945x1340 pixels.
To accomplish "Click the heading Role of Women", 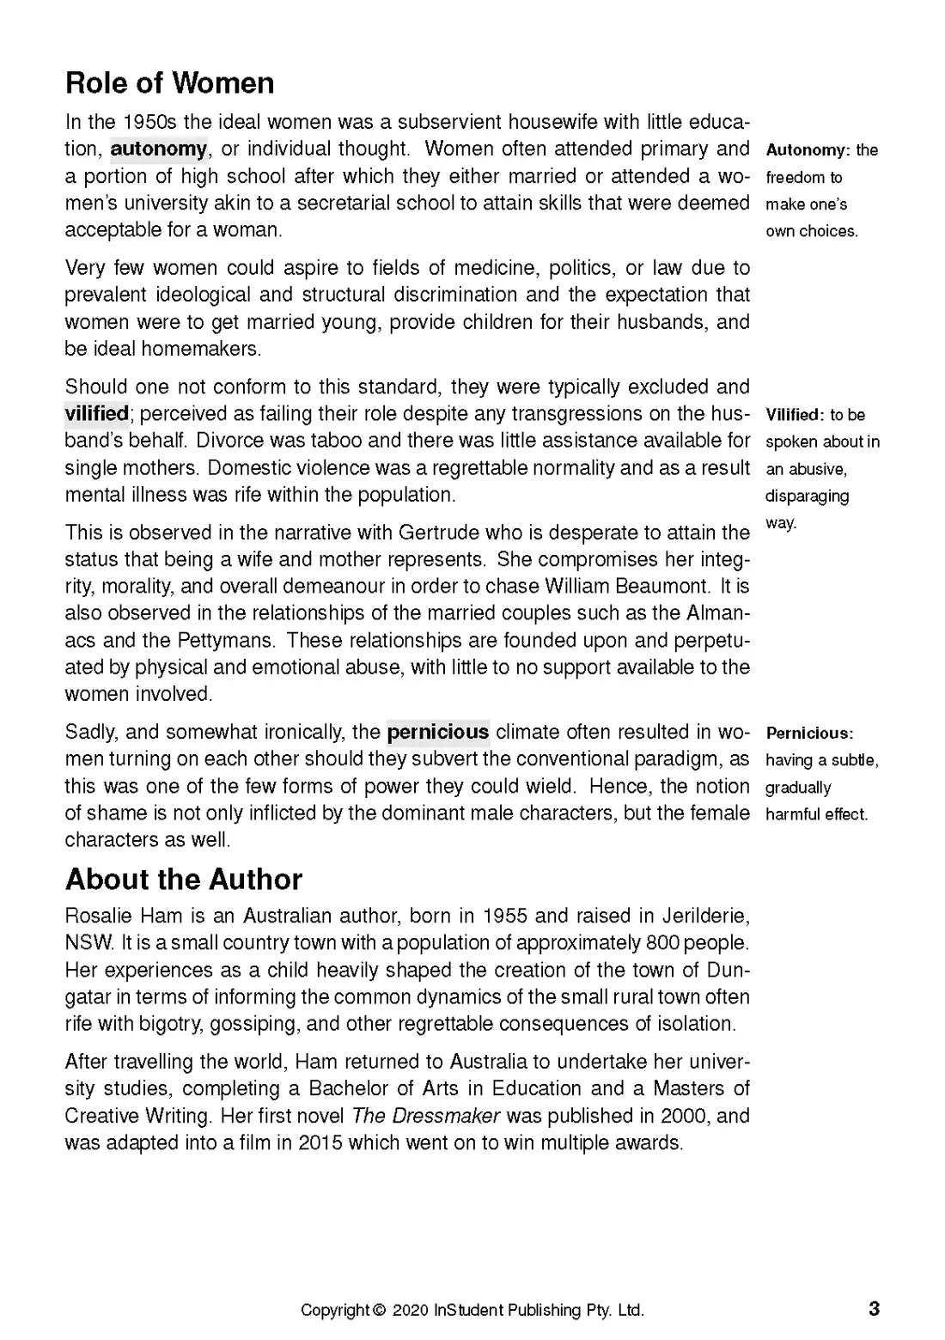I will tap(170, 83).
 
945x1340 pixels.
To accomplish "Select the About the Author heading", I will tap(184, 880).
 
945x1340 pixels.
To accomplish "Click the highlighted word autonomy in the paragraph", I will tap(159, 149).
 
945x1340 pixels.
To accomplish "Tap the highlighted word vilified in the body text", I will tap(97, 413).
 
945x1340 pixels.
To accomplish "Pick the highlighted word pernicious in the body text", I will tap(438, 732).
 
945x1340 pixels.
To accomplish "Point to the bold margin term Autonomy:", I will tap(808, 150).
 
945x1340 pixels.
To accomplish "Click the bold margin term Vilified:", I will tap(795, 416).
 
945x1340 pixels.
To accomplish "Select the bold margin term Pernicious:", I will tap(809, 734).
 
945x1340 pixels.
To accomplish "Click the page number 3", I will tap(875, 1309).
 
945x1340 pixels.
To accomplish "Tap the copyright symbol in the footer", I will tap(380, 1311).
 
